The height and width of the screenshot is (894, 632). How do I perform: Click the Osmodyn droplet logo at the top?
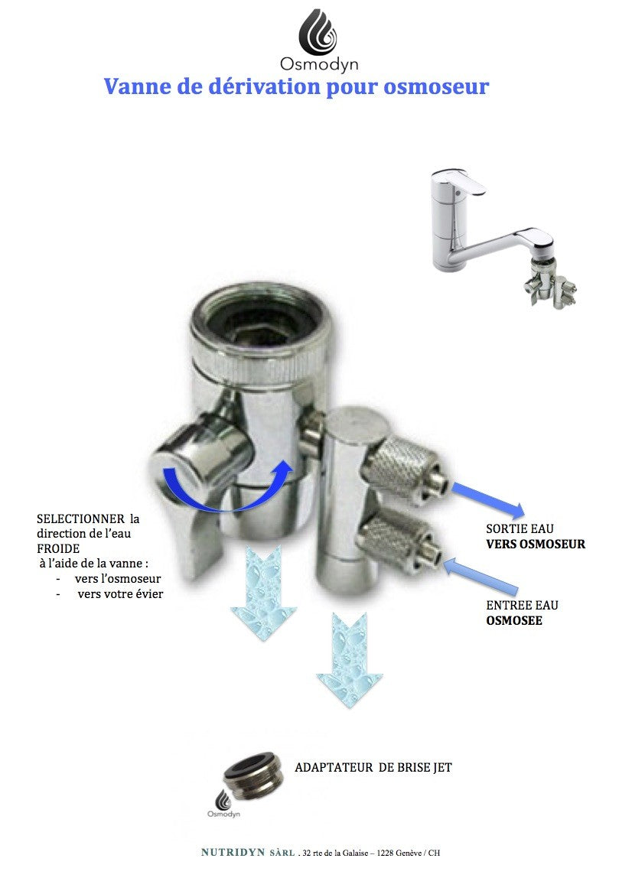coord(318,32)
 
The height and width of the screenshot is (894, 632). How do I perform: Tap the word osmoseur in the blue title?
coord(436,87)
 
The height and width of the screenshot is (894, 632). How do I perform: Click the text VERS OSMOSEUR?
coord(536,544)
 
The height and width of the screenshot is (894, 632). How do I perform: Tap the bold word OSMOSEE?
coord(514,620)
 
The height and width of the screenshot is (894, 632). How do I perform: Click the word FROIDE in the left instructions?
coord(58,548)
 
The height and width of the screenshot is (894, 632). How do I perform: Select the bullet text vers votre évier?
coord(120,594)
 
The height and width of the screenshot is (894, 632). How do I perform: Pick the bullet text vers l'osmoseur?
coord(118,579)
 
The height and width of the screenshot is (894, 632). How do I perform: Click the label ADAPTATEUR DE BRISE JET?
coord(373,767)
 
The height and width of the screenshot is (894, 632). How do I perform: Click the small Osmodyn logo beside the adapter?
coord(223,805)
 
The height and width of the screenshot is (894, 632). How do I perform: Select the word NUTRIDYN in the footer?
coord(233,853)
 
